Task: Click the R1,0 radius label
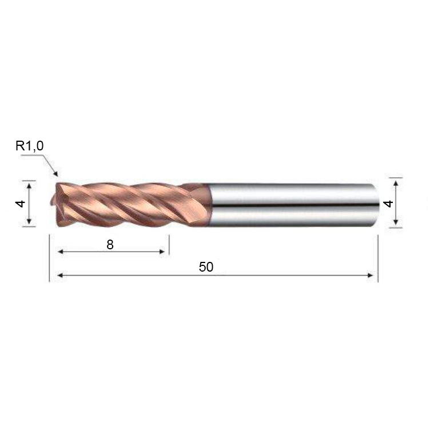coord(30,146)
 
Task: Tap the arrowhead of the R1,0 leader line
coord(56,174)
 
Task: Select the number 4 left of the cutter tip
coord(21,204)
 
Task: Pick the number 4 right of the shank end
coord(389,204)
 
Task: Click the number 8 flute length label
coord(110,245)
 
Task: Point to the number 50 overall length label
coord(206,267)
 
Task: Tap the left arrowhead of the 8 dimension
coord(61,252)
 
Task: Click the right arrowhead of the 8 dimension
coord(162,252)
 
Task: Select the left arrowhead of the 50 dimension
coord(61,275)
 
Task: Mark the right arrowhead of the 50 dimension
coord(370,275)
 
